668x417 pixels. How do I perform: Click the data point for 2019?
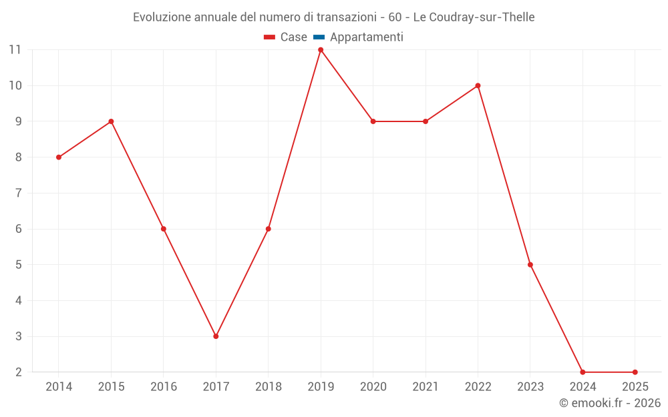pos(321,50)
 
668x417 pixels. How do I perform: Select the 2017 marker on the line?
pos(216,336)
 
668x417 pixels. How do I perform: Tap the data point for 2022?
pos(478,85)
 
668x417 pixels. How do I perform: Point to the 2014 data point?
pos(59,157)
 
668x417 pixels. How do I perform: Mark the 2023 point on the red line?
pos(530,265)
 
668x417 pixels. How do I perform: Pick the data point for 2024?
pos(582,372)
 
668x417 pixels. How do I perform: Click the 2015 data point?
pos(111,121)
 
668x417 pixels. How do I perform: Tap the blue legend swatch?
pos(319,37)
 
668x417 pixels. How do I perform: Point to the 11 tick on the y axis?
pos(15,49)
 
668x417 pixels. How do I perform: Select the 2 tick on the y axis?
pos(19,372)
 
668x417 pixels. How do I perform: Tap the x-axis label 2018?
pos(268,387)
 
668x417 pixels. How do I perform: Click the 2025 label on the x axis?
pos(635,387)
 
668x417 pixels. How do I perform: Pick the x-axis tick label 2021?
pos(426,387)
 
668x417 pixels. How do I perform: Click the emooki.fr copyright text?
pos(610,403)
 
